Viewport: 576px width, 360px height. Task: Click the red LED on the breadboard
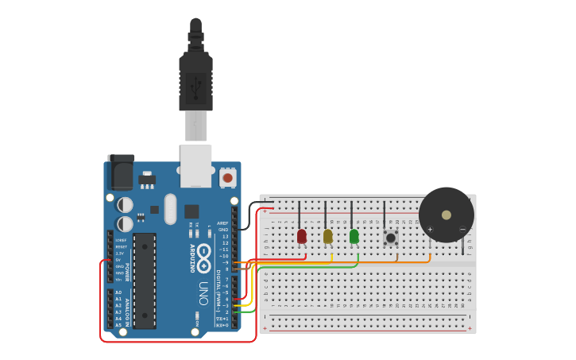coord(302,236)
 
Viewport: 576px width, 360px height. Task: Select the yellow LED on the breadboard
coord(327,236)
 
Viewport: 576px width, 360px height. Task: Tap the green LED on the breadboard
coord(354,236)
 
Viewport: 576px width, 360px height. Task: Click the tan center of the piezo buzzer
coord(446,215)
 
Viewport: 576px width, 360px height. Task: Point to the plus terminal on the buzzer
coord(430,230)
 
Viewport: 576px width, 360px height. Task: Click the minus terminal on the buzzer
coord(462,230)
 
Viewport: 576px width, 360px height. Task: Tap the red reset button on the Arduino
coord(228,178)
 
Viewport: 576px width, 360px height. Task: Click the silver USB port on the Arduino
coord(196,165)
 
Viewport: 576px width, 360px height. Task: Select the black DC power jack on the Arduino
coord(121,172)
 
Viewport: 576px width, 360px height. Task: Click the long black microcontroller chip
coord(145,269)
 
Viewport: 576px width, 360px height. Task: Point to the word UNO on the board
coord(203,292)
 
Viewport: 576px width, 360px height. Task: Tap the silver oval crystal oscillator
coord(170,209)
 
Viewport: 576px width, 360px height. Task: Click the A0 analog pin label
coord(118,292)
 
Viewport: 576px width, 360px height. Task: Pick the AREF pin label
coord(222,223)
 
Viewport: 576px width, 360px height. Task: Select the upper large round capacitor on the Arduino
coord(126,205)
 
